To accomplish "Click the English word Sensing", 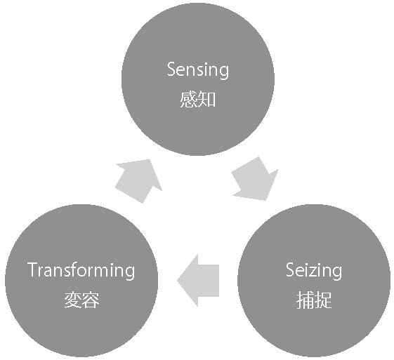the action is point(198,70).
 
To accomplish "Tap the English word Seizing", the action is point(314,271).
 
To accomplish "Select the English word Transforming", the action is point(81,271).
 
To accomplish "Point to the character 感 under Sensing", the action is point(188,100).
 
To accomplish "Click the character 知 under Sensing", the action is point(206,100).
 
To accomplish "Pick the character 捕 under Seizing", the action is point(305,300).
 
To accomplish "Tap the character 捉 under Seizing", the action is point(323,300).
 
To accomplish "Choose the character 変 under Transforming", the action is point(72,300).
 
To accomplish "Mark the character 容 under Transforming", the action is point(91,300).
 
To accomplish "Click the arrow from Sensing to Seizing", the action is point(255,179).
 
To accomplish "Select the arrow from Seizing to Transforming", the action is point(198,281).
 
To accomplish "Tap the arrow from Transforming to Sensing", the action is point(138,181).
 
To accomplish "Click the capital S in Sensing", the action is point(172,69).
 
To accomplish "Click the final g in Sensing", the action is point(223,72).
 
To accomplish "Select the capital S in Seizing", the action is point(291,269).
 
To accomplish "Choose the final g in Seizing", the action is point(336,273).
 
